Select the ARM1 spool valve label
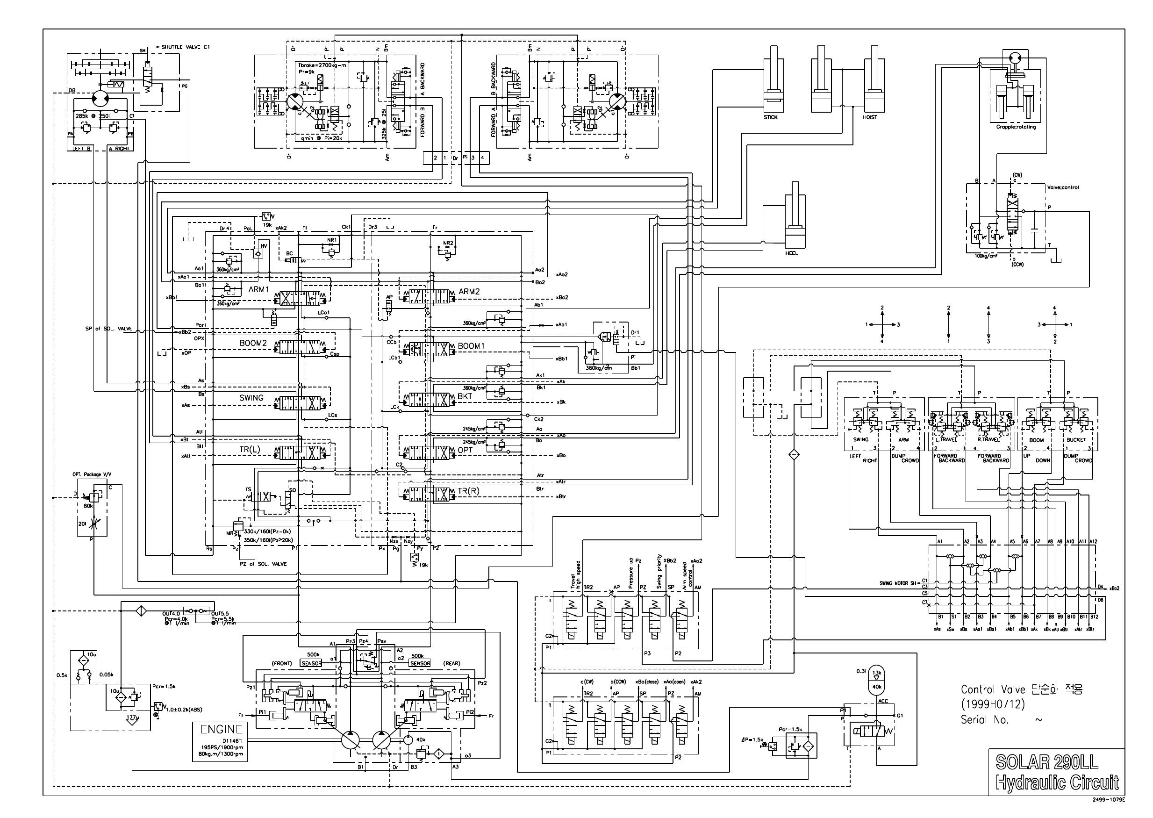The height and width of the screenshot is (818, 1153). pyautogui.click(x=259, y=290)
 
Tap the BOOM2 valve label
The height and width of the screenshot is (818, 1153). pyautogui.click(x=253, y=343)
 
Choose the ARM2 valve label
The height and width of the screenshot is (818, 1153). pyautogui.click(x=469, y=292)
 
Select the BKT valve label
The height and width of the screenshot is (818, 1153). pyautogui.click(x=465, y=396)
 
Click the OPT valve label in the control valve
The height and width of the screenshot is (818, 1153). pyautogui.click(x=465, y=450)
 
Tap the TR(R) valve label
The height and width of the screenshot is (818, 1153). pyautogui.click(x=468, y=492)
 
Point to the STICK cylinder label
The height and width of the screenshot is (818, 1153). pyautogui.click(x=770, y=117)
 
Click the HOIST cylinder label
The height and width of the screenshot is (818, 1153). pyautogui.click(x=869, y=117)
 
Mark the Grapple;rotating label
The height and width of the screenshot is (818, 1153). pyautogui.click(x=1016, y=127)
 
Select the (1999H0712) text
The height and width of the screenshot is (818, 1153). pyautogui.click(x=992, y=704)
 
